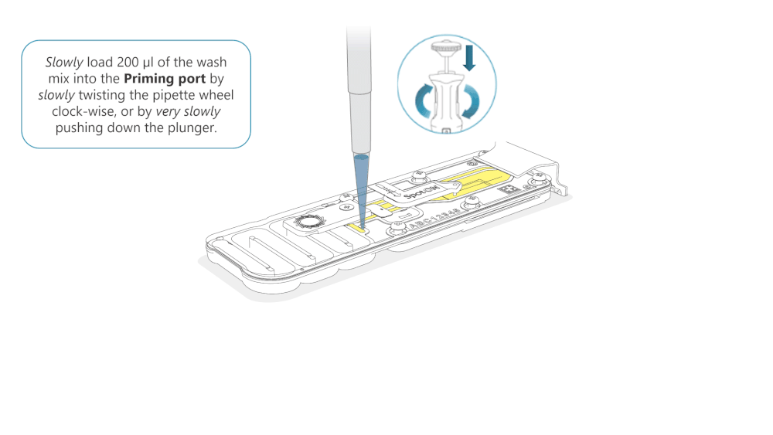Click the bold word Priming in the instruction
pos(147,79)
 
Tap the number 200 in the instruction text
pos(128,62)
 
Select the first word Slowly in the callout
pos(64,63)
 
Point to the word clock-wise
pos(83,111)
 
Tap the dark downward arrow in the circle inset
pos(469,57)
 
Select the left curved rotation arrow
pos(423,101)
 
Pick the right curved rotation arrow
pos(472,101)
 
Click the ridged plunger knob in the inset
pos(445,47)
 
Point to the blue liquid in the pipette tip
pos(361,187)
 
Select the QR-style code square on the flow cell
pos(506,189)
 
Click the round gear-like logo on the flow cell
pos(308,221)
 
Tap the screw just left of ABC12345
pos(397,228)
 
